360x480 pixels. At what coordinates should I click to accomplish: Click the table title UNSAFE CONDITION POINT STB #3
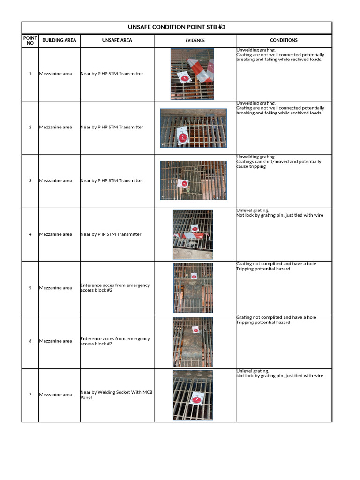(x=177, y=27)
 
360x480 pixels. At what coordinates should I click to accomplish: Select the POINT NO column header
(x=30, y=40)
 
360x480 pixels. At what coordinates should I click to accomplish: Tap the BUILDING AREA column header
(x=59, y=40)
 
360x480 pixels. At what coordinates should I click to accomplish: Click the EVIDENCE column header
(x=195, y=41)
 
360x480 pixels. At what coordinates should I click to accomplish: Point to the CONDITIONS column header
(x=284, y=40)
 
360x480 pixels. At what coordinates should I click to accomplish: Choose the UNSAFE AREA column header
(x=117, y=40)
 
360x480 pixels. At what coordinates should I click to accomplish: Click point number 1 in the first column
(x=30, y=74)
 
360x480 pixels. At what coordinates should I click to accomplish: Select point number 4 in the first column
(x=30, y=234)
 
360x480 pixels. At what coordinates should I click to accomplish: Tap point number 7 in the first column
(x=30, y=395)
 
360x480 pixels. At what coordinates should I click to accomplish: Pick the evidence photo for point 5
(x=193, y=288)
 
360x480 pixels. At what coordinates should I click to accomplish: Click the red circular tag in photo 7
(x=196, y=400)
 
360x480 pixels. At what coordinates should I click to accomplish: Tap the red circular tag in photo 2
(x=183, y=137)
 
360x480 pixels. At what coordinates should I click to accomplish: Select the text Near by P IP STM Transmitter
(x=111, y=234)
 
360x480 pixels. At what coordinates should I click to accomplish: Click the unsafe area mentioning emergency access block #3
(x=115, y=341)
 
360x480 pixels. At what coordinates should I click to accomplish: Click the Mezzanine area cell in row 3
(x=56, y=181)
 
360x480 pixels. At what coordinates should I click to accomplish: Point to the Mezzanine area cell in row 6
(x=56, y=341)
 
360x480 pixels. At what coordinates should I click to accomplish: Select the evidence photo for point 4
(x=193, y=234)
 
